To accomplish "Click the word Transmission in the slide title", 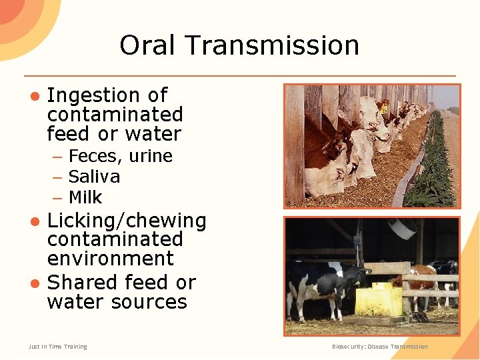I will tap(273, 45).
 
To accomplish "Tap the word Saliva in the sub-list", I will tap(94, 177).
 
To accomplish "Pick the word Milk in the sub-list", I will tap(85, 197).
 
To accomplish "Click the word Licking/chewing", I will tap(127, 221).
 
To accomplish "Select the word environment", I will tap(110, 259).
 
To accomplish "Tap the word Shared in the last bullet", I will tap(81, 282).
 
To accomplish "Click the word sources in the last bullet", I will tap(150, 302).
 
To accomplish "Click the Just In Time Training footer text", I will tap(58, 347).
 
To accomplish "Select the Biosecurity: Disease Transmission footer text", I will tap(380, 347).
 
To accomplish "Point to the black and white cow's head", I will tap(361, 274).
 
